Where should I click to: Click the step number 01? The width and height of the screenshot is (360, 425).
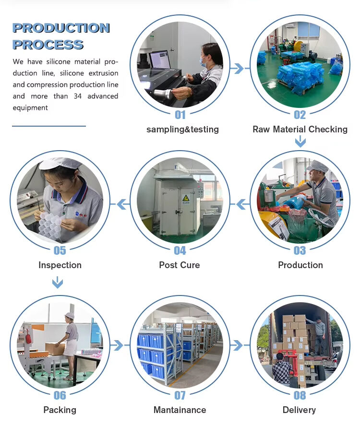point(180,115)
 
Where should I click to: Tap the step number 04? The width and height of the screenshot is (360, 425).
point(180,250)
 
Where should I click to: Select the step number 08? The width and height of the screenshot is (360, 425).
point(300,395)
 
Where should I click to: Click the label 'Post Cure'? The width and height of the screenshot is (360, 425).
point(180,265)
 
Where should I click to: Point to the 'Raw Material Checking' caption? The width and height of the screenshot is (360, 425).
point(300,130)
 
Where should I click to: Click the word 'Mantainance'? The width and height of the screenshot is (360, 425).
point(180,410)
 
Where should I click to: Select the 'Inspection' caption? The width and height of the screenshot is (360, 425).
point(60,265)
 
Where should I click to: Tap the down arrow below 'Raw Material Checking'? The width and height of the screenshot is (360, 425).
point(300,142)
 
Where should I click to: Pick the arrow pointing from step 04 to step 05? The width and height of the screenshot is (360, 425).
point(120,204)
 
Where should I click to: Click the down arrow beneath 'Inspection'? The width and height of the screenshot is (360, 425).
point(58,283)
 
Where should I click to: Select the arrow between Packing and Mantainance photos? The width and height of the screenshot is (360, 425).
point(120,345)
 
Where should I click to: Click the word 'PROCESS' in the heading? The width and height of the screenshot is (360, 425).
point(48,45)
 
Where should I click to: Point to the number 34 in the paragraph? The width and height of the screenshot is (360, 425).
point(78,96)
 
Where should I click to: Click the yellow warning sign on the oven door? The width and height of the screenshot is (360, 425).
point(186,199)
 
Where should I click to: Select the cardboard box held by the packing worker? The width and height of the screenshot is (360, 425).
point(55,349)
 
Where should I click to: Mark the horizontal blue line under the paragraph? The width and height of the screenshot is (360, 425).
point(49,126)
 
